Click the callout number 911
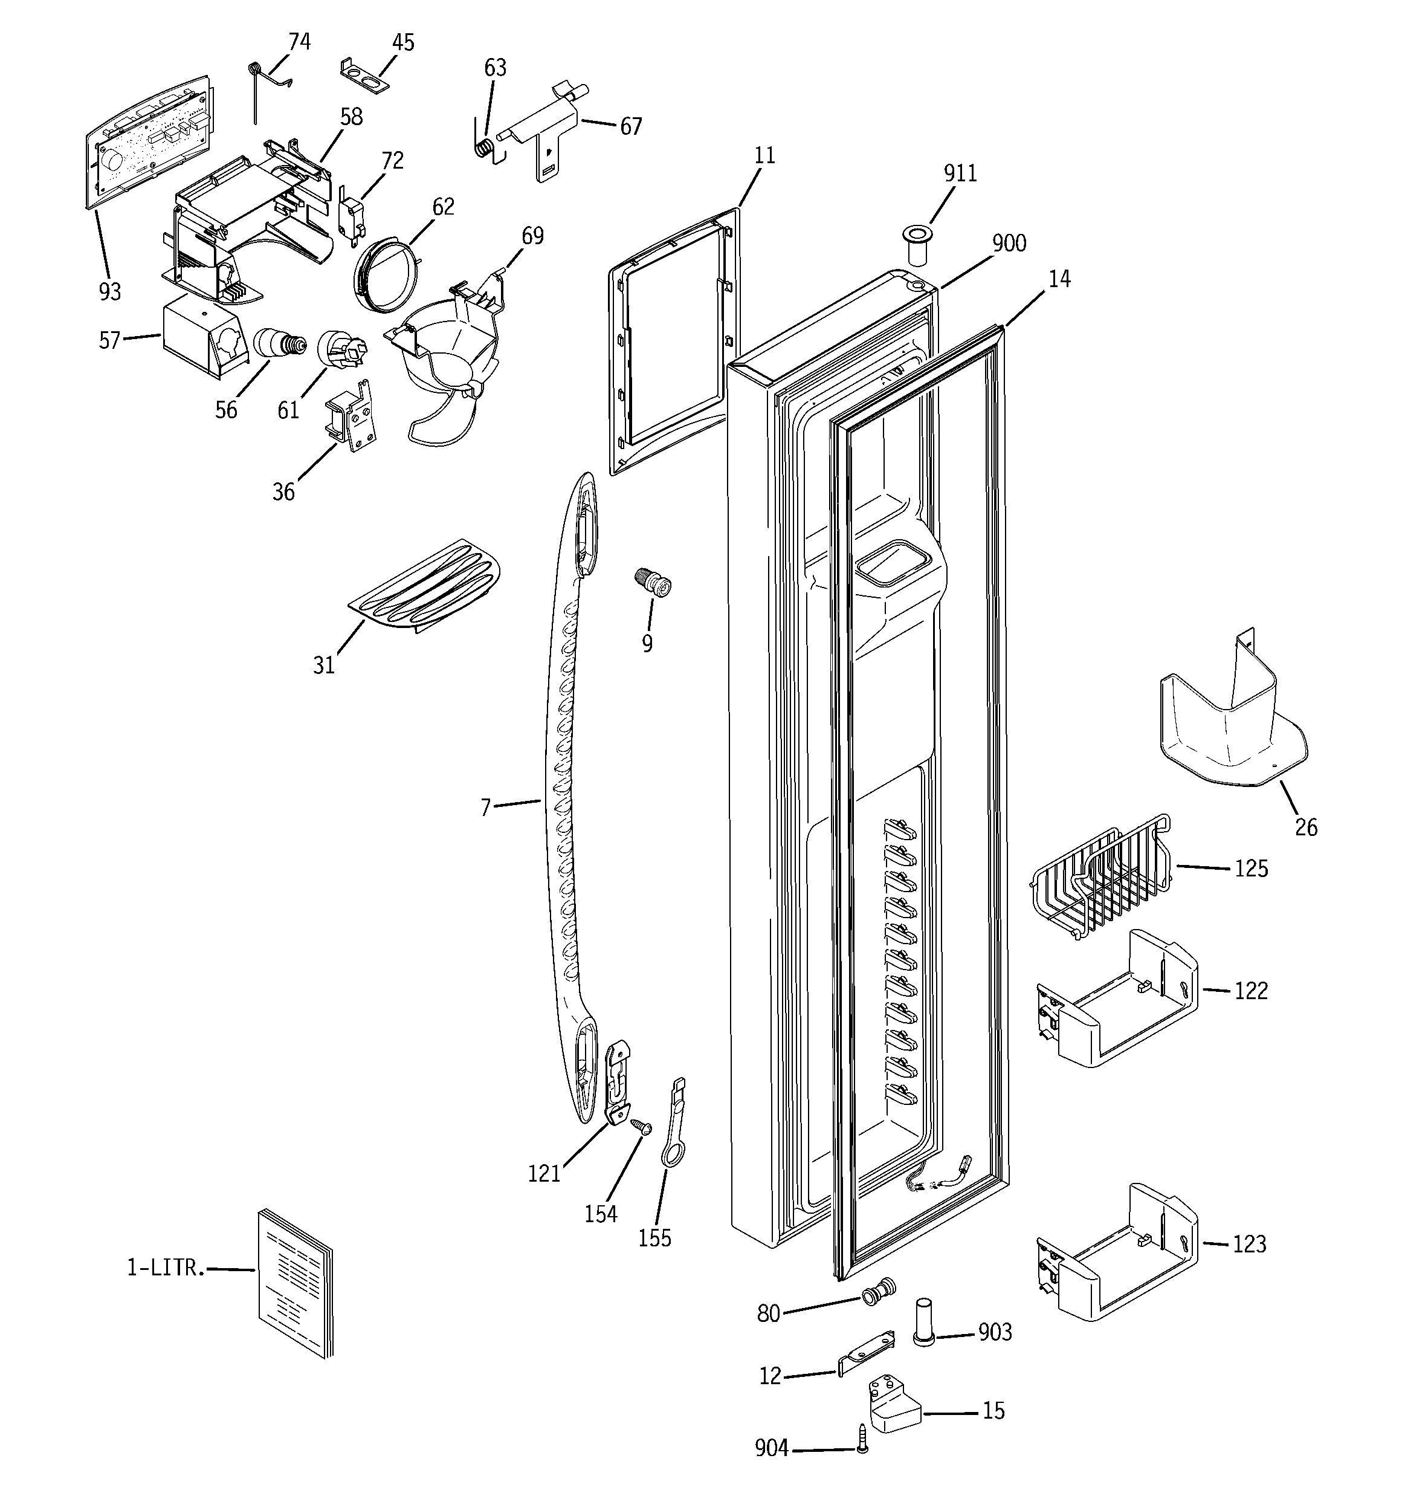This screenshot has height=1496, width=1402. [960, 174]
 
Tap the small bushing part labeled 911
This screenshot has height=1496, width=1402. [917, 245]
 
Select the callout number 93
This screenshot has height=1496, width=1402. [110, 291]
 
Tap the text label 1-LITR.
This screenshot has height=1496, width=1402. [165, 1268]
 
